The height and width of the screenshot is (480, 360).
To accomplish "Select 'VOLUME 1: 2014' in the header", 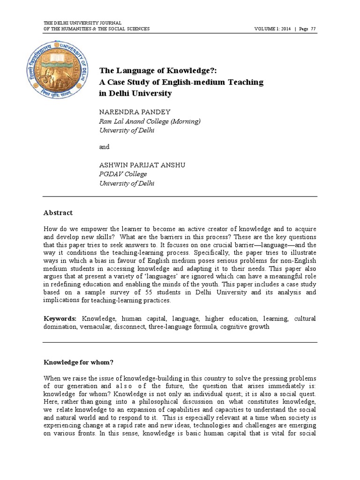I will click(272, 29).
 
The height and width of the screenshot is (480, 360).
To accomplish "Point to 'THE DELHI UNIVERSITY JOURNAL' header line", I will click(82, 23).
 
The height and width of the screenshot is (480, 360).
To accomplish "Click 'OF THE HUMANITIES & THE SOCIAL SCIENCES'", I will click(97, 29).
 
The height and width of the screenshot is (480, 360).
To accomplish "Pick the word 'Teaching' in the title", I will click(243, 82).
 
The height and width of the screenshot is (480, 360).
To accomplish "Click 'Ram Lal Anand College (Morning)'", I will click(150, 121).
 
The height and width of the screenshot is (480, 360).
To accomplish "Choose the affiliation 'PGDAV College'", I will click(123, 174).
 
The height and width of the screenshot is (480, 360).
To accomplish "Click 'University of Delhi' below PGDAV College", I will click(127, 183).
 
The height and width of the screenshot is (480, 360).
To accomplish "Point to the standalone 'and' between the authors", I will click(104, 147).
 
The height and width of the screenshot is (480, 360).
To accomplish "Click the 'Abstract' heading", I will click(58, 213).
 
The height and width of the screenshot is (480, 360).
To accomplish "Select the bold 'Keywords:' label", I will click(60, 318).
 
